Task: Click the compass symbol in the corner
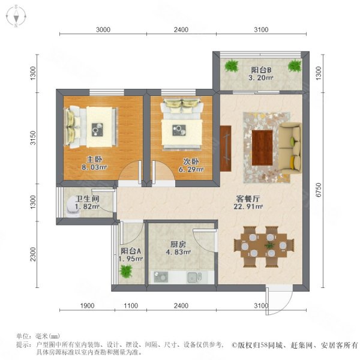[x=16, y=16]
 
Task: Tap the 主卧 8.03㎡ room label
[x=94, y=163]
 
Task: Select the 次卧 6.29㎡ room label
[x=191, y=166]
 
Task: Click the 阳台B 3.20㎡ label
[x=261, y=74]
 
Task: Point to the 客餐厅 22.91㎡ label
[x=248, y=202]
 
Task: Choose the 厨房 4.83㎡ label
[x=178, y=248]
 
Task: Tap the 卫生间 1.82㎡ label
[x=87, y=202]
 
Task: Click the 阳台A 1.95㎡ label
[x=131, y=255]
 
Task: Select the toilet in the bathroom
[x=73, y=208]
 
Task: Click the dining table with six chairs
[x=264, y=247]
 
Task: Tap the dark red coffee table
[x=262, y=148]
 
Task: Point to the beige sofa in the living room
[x=291, y=149]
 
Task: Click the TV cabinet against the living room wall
[x=226, y=148]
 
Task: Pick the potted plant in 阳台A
[x=126, y=271]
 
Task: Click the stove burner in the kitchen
[x=161, y=277]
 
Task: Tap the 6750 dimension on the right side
[x=318, y=190]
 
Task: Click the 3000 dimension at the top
[x=103, y=29]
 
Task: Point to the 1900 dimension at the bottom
[x=87, y=305]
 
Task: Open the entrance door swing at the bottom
[x=279, y=299]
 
